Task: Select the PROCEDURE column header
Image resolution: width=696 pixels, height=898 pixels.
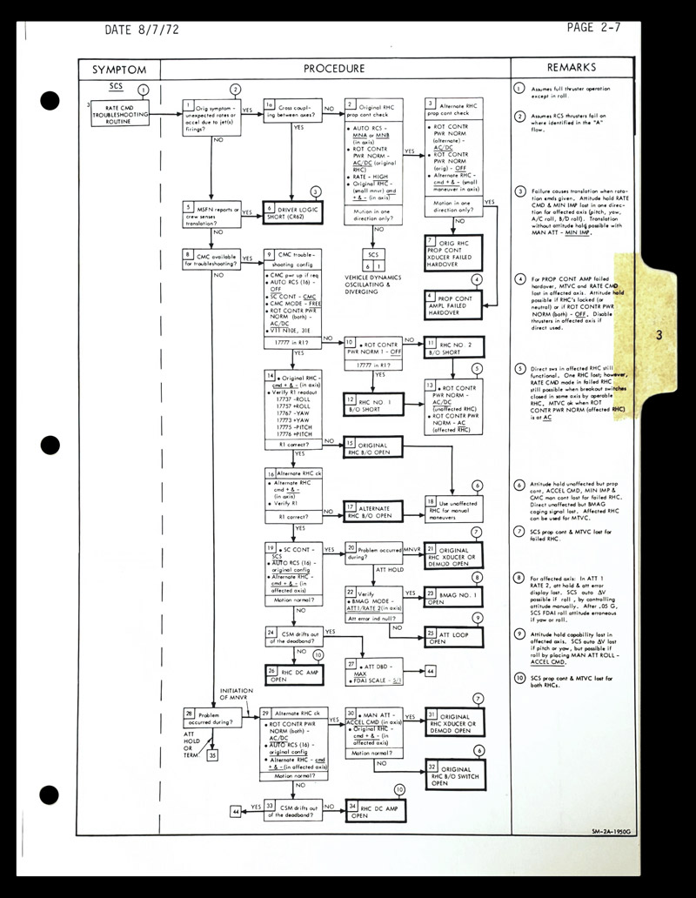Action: [x=334, y=69]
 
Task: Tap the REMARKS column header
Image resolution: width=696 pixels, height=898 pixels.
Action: [x=571, y=68]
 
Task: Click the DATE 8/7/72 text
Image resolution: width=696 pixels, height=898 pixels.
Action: [x=142, y=30]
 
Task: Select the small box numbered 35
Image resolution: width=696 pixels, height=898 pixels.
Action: [x=213, y=757]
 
